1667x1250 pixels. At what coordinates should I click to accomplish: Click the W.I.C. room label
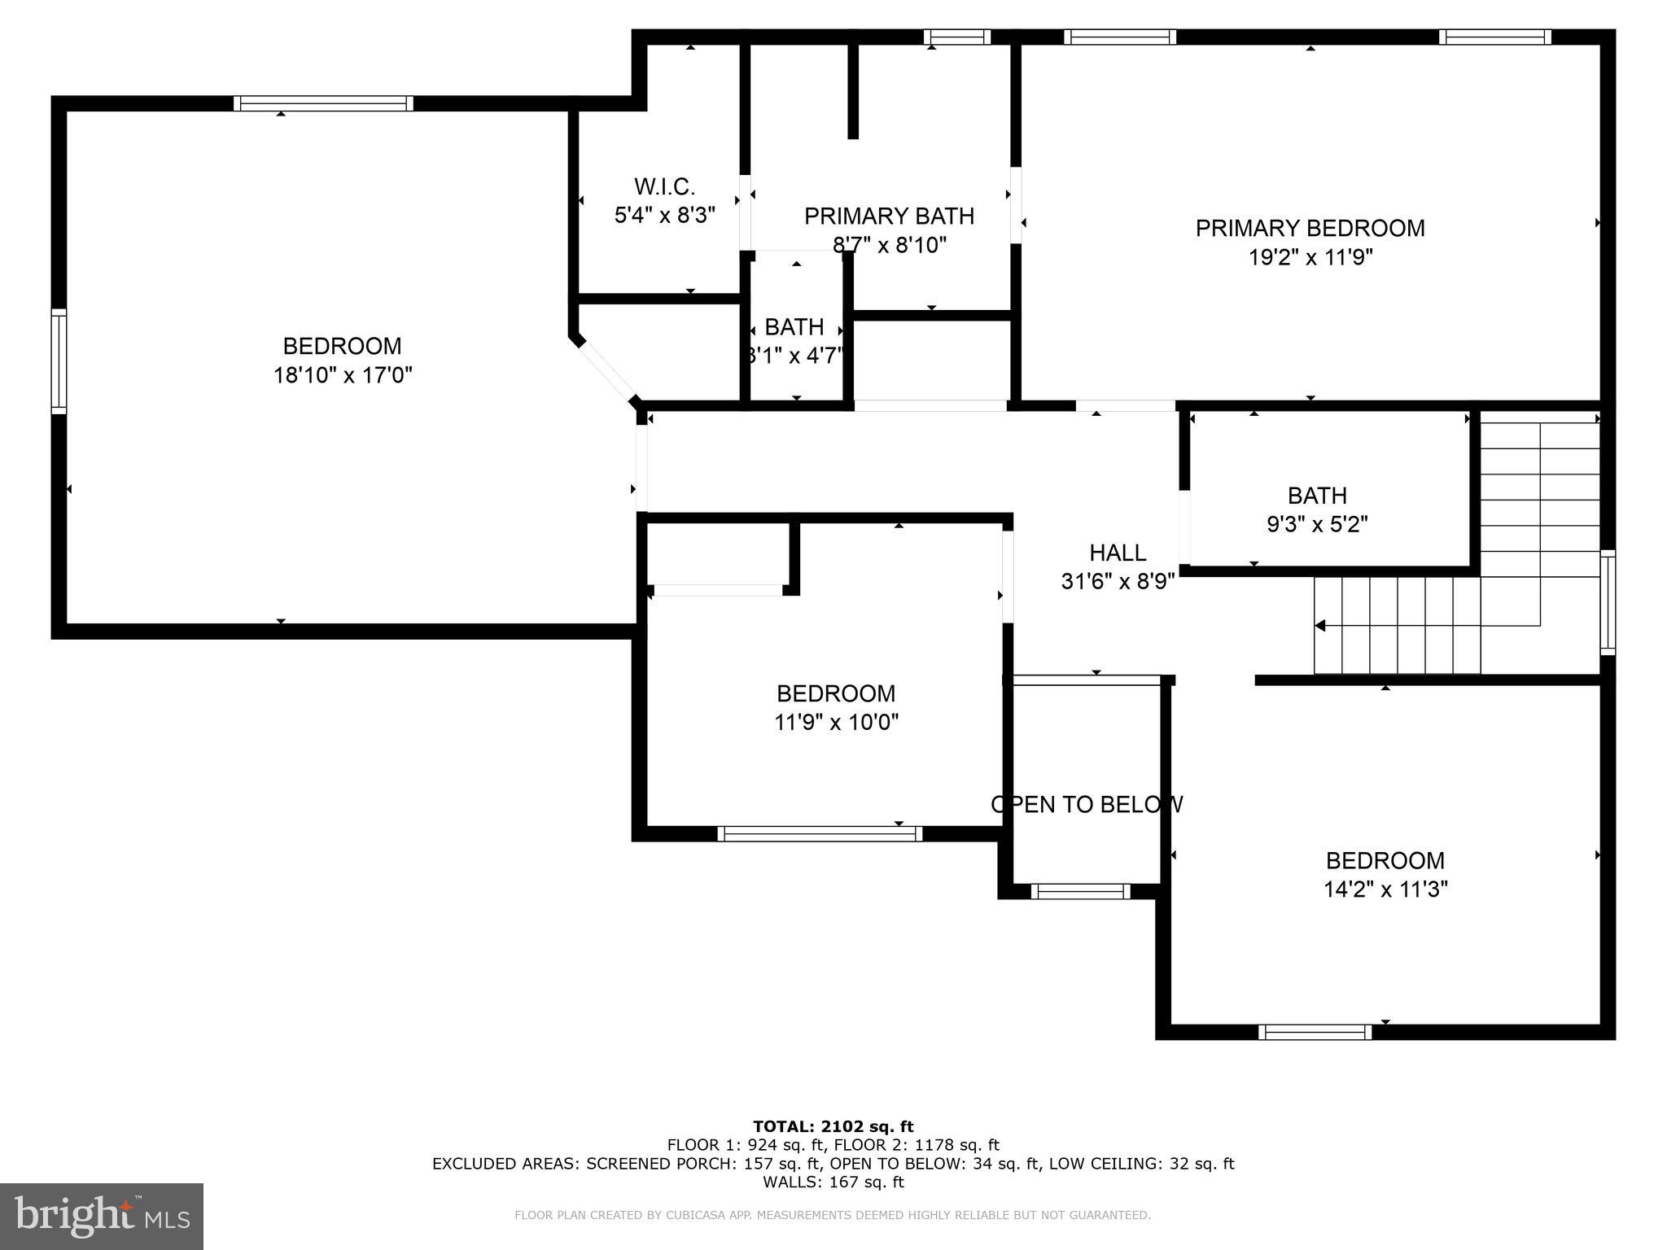(x=664, y=186)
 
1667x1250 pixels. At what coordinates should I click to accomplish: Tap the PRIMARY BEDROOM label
(x=1310, y=228)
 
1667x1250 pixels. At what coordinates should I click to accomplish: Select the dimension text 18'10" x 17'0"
(x=343, y=375)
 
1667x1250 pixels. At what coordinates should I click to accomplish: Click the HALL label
(x=1118, y=553)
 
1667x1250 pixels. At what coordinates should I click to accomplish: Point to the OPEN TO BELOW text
(x=1087, y=804)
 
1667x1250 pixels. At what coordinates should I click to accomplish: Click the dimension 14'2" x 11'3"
(x=1385, y=889)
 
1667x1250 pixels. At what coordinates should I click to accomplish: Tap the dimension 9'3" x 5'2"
(x=1317, y=524)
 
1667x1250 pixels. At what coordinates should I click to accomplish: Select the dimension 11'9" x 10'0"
(x=836, y=722)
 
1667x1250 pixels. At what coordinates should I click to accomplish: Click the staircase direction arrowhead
(x=1320, y=625)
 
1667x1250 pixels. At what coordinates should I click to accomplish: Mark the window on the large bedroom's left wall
(x=59, y=361)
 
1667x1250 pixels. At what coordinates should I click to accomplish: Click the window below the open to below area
(x=1080, y=891)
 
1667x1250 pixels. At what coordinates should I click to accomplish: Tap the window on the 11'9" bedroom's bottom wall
(x=819, y=833)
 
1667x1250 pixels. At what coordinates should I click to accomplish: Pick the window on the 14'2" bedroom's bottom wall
(x=1315, y=1032)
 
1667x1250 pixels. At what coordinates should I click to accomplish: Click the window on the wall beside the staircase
(x=1608, y=601)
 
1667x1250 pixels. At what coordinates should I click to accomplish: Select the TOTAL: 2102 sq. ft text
(x=833, y=1126)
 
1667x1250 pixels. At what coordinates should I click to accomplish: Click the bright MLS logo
(x=102, y=1216)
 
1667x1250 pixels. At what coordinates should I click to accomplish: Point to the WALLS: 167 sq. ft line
(x=833, y=1182)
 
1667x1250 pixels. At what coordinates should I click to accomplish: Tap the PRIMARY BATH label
(x=889, y=216)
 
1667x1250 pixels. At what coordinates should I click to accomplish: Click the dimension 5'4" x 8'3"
(x=664, y=215)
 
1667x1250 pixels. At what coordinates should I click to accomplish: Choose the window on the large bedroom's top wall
(x=323, y=103)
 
